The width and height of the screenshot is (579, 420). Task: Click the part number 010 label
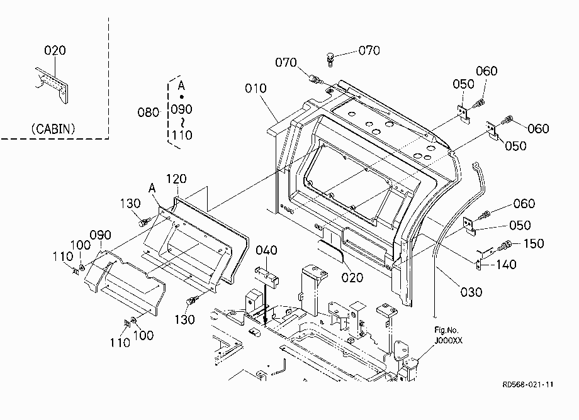tap(256, 89)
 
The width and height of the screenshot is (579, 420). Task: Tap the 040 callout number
tap(266, 250)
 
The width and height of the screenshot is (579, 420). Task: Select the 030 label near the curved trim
tap(471, 292)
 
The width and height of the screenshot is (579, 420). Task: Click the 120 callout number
tap(176, 179)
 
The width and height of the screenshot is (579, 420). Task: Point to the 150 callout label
tap(534, 243)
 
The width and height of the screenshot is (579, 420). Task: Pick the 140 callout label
tap(505, 265)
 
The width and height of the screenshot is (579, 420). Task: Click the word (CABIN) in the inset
tap(53, 129)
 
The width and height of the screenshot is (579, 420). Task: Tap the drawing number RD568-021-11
tap(528, 385)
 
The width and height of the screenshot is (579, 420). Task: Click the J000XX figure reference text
tap(448, 341)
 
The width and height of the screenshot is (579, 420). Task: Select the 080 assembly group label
tap(148, 112)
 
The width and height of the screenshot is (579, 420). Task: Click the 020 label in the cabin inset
tap(55, 50)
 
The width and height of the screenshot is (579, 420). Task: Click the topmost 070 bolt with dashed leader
tap(330, 59)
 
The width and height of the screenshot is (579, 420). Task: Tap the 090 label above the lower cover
tap(101, 235)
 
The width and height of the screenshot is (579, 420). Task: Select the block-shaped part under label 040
tap(266, 277)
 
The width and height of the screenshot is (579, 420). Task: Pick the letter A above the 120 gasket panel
tap(152, 189)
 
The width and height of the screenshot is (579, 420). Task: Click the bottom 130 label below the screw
tap(184, 319)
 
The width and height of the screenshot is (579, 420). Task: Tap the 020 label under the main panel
tap(352, 278)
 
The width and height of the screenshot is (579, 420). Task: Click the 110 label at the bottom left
tap(120, 343)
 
